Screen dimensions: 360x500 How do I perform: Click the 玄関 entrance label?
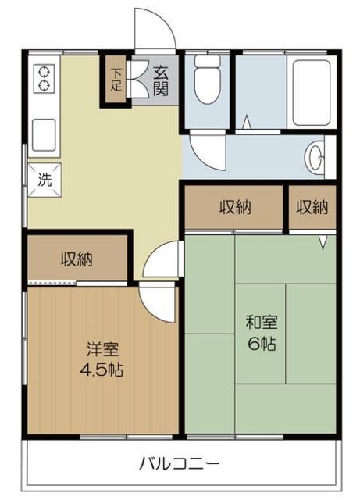161,81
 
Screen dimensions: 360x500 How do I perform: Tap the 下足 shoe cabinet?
116,80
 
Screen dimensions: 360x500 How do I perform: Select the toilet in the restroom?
208,79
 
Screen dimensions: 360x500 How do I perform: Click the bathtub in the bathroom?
312,92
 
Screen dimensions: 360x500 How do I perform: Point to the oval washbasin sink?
314,157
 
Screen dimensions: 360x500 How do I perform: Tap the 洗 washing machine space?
45,180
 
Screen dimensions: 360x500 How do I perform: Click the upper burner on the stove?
45,73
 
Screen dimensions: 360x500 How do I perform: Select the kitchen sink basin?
45,134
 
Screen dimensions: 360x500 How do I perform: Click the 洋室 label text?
102,350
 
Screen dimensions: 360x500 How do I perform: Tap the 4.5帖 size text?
102,370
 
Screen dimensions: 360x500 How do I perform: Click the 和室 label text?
262,323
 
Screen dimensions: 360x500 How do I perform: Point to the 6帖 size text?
262,344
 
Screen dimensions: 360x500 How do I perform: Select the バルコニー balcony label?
180,463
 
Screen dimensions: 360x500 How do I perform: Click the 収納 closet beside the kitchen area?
77,259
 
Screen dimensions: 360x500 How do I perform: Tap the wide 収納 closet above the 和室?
234,207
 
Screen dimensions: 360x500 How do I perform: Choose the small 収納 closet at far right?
312,207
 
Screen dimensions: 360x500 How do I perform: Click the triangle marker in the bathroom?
248,122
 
